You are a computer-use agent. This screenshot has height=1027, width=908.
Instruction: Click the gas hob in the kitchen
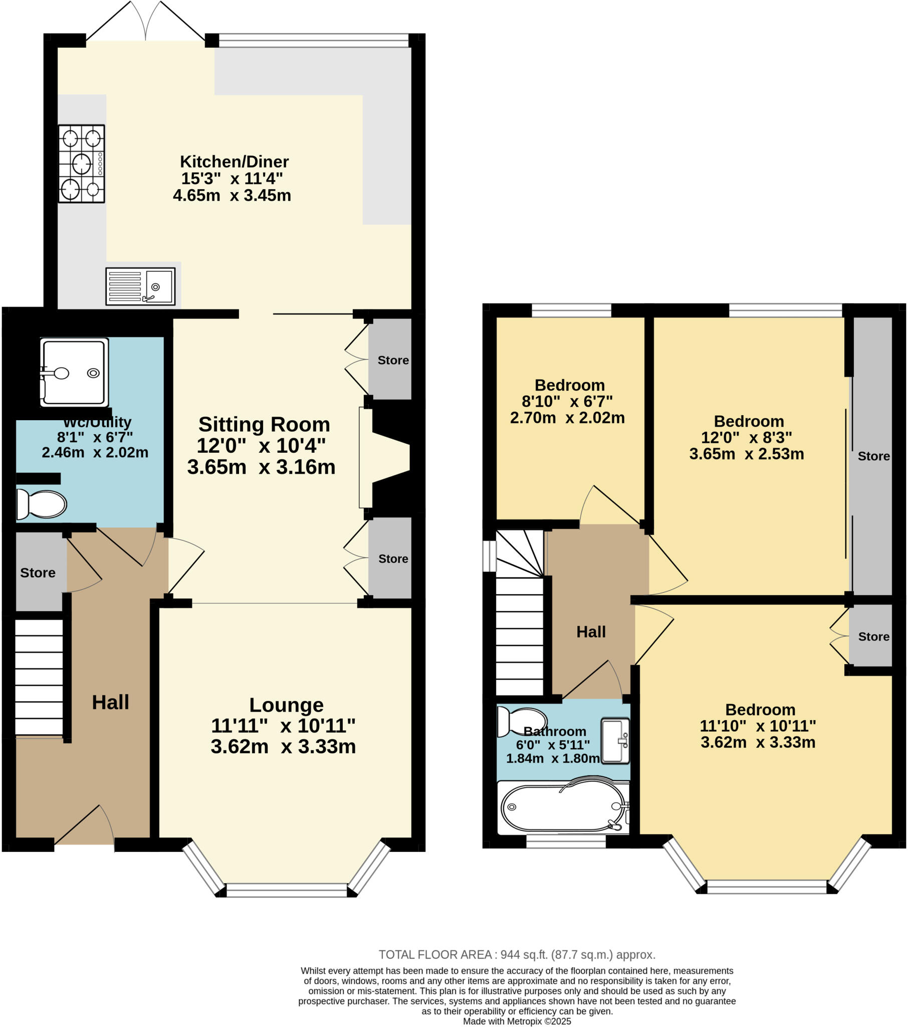[x=81, y=164]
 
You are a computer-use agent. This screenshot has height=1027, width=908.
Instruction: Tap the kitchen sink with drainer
[x=140, y=286]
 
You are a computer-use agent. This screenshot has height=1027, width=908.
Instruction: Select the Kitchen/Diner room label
[x=234, y=162]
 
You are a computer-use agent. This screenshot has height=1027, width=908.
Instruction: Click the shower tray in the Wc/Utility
[x=74, y=372]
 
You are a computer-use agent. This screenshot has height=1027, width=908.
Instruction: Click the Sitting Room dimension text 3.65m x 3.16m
[x=261, y=467]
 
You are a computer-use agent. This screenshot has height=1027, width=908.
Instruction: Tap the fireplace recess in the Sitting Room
[x=391, y=458]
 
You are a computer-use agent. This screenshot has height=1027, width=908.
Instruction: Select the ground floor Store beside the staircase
[x=38, y=573]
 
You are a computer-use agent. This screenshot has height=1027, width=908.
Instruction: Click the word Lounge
[x=286, y=705]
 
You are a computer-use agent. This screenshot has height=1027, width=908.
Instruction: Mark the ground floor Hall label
[x=110, y=702]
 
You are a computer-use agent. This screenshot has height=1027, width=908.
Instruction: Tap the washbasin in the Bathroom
[x=615, y=741]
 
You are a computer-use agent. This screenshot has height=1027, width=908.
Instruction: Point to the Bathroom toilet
[x=521, y=722]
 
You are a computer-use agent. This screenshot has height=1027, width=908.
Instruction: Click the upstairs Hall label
[x=591, y=632]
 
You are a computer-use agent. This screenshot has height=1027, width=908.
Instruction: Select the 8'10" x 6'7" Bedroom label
[x=570, y=386]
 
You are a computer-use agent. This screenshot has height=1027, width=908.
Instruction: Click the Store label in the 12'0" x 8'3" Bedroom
[x=873, y=456]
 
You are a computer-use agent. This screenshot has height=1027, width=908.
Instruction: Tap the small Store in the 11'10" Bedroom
[x=873, y=636]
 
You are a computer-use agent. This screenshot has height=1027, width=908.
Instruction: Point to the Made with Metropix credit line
[x=517, y=1021]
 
